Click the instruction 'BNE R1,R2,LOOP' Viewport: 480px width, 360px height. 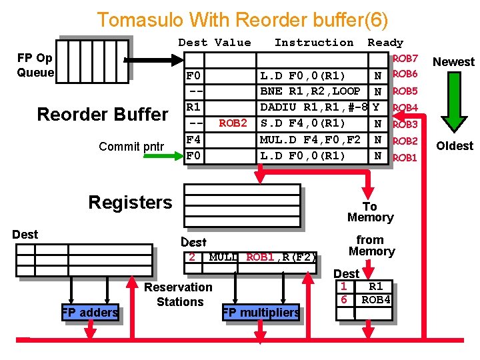click(310, 91)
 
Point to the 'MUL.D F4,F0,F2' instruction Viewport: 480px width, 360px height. click(310, 140)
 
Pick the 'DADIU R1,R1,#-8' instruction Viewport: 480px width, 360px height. click(314, 107)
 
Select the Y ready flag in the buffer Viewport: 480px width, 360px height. click(378, 107)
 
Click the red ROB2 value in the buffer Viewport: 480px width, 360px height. click(233, 123)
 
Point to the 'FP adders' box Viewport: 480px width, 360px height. click(90, 312)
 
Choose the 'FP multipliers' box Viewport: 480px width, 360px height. click(261, 312)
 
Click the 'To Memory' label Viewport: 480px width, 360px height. click(370, 212)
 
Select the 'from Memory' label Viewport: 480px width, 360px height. click(371, 245)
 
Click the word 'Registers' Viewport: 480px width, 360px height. click(130, 203)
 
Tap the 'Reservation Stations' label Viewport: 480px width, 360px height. click(179, 295)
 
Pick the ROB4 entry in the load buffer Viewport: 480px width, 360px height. click(376, 300)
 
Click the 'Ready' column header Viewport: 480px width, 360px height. click(385, 43)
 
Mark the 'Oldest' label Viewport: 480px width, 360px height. click(455, 145)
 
